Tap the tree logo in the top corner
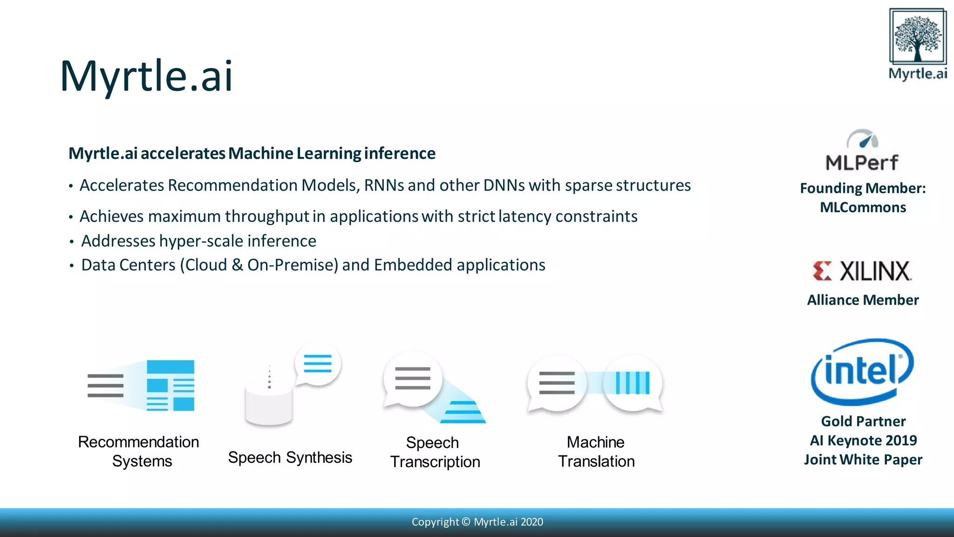coord(918,37)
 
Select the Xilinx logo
coord(862,271)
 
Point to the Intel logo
coord(862,372)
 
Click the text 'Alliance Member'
coord(863,300)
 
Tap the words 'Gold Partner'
coord(863,421)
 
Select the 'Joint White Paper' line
coord(863,460)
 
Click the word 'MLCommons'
coord(863,207)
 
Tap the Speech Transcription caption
coord(434,452)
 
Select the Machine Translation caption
coord(596,452)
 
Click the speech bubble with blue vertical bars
coord(632,383)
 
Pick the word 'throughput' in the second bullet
coord(267,217)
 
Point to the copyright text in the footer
coord(477,522)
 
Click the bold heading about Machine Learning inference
coord(252,153)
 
